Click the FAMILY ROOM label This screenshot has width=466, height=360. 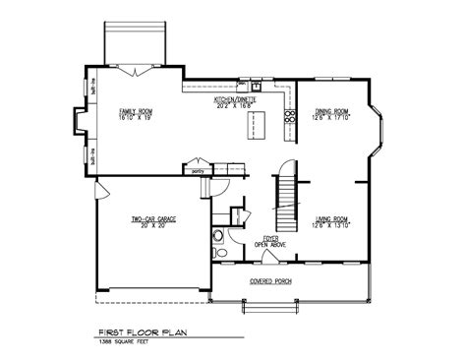(136, 111)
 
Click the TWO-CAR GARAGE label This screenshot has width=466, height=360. (152, 217)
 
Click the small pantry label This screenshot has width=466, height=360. (199, 170)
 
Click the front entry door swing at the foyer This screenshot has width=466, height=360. (267, 257)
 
